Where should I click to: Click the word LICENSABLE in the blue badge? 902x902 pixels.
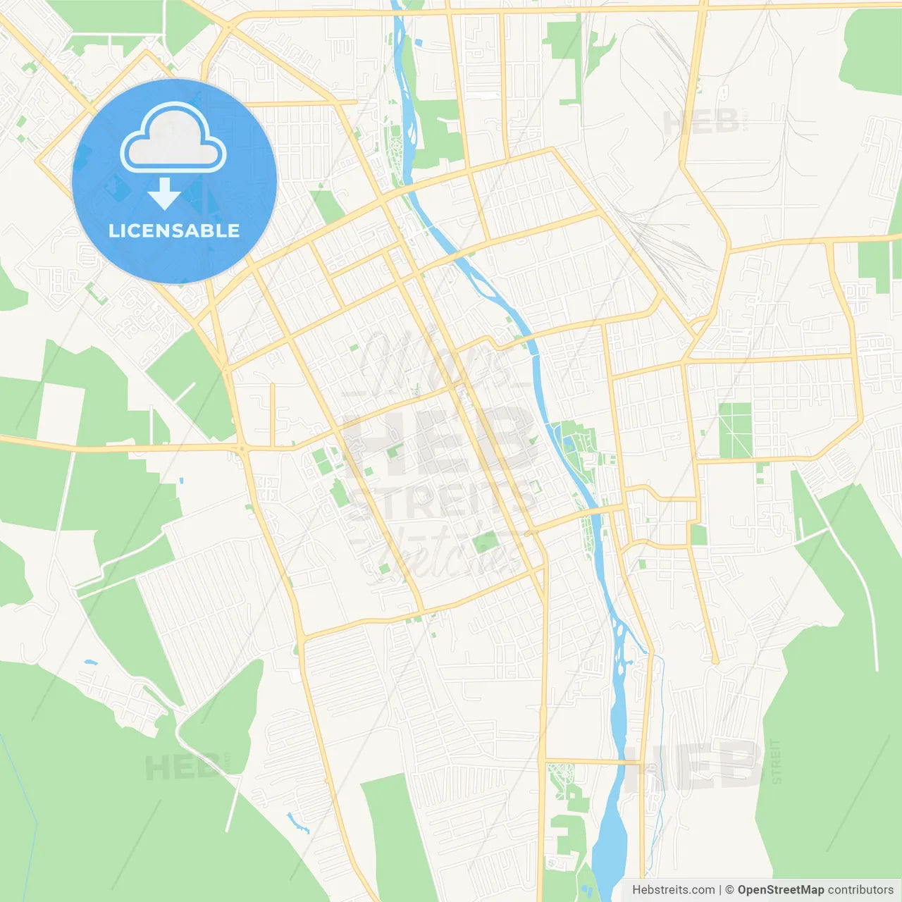click(x=174, y=230)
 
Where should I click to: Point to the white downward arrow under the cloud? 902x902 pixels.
click(x=164, y=194)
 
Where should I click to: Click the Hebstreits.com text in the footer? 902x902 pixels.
click(x=673, y=890)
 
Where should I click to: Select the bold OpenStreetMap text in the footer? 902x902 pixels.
click(x=780, y=890)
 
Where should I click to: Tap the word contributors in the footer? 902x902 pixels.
click(x=860, y=890)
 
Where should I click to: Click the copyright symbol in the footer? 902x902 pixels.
click(x=729, y=890)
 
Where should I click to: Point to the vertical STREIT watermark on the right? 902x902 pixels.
click(x=777, y=761)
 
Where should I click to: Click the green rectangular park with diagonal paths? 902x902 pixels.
click(x=735, y=430)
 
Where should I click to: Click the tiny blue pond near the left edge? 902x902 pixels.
click(x=89, y=662)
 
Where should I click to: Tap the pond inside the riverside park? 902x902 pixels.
click(x=568, y=444)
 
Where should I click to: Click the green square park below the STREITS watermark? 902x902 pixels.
click(x=486, y=543)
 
